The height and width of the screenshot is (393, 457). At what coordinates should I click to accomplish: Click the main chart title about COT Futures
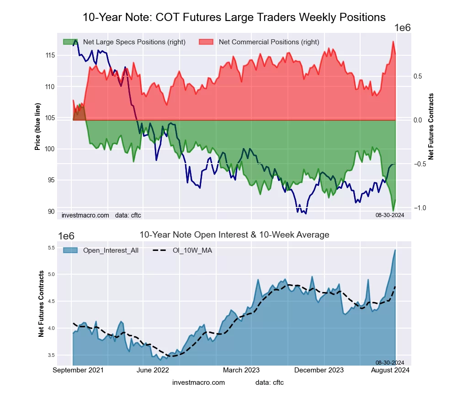[234, 17]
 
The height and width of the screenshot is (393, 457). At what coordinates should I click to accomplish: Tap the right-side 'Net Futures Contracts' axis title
[431, 127]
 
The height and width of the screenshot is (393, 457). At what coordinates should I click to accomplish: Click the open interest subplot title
[234, 235]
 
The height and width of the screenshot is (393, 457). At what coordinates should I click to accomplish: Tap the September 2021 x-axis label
[78, 370]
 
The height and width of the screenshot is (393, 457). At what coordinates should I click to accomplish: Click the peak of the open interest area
[395, 250]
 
